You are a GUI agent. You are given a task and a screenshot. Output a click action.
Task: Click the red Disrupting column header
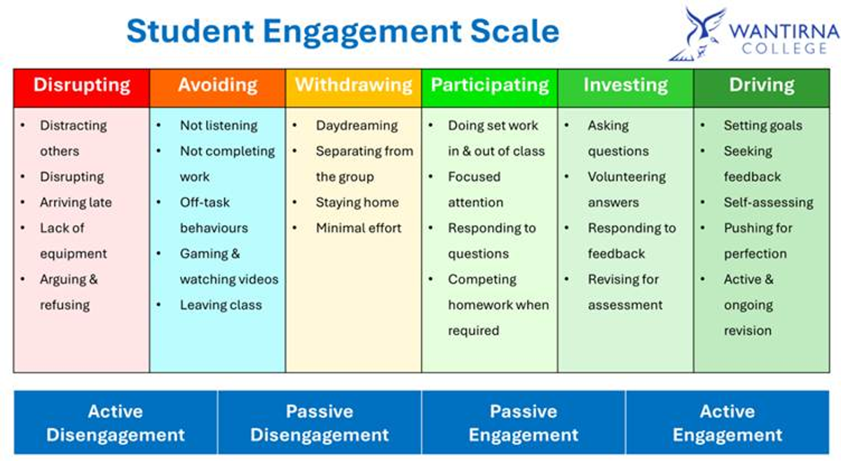[x=81, y=88]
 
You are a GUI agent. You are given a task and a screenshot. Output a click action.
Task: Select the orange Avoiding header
[x=217, y=88]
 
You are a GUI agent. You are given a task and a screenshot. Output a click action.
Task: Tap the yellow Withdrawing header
[x=353, y=88]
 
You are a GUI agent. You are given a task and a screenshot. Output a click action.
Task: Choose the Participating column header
[x=490, y=88]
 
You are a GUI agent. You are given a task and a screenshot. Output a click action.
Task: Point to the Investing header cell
[x=625, y=88]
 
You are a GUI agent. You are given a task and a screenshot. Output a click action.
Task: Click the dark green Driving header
[x=762, y=88]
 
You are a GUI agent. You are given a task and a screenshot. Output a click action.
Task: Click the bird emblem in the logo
[x=697, y=34]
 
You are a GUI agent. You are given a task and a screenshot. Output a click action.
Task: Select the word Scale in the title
[x=514, y=31]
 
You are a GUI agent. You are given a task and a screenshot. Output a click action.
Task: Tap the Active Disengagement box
[x=116, y=422]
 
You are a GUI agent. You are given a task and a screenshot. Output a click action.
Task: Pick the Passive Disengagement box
[x=320, y=422]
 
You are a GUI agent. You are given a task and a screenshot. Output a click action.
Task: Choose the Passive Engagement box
[x=524, y=422]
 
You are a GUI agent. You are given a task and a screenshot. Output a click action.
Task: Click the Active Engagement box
[x=727, y=422]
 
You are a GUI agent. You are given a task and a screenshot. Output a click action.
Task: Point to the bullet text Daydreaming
[x=357, y=126]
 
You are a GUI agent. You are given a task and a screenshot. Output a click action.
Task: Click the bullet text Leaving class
[x=221, y=305]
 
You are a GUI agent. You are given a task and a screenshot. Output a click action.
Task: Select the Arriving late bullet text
[x=76, y=202]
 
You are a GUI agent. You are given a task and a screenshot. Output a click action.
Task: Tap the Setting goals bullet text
[x=763, y=126]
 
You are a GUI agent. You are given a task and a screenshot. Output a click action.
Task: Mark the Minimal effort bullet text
[x=359, y=228]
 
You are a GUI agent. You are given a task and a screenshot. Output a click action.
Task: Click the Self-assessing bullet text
[x=769, y=203]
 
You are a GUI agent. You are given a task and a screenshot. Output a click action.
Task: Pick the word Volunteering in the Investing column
[x=627, y=177]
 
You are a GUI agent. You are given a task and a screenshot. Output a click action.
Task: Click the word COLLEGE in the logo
[x=784, y=48]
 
